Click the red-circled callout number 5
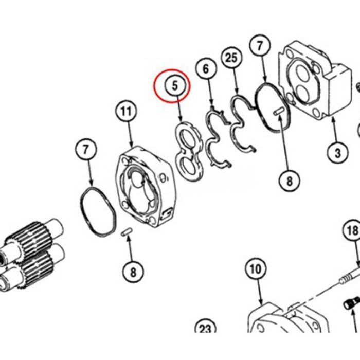(x=175, y=86)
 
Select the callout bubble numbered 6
(x=206, y=68)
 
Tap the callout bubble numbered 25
(x=231, y=58)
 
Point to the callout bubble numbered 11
(x=127, y=112)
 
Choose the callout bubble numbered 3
(x=337, y=153)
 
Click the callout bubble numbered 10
(x=256, y=269)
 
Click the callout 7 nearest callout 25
(x=260, y=45)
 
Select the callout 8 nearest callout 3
(x=289, y=181)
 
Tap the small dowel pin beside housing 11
(x=127, y=231)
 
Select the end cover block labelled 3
(x=315, y=80)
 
